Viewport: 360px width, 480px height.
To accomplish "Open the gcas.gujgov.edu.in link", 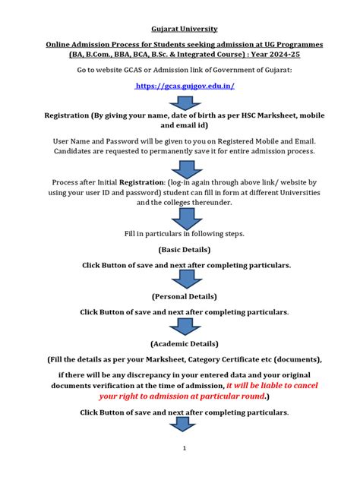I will click(x=185, y=87).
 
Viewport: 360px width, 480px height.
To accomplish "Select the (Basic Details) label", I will click(x=185, y=249).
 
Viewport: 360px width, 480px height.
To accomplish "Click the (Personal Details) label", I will click(x=185, y=296).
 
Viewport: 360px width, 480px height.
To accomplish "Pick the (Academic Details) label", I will click(x=185, y=343).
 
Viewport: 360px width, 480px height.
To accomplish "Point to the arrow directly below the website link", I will click(x=185, y=103).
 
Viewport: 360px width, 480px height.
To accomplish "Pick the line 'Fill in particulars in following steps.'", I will click(x=185, y=233).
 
